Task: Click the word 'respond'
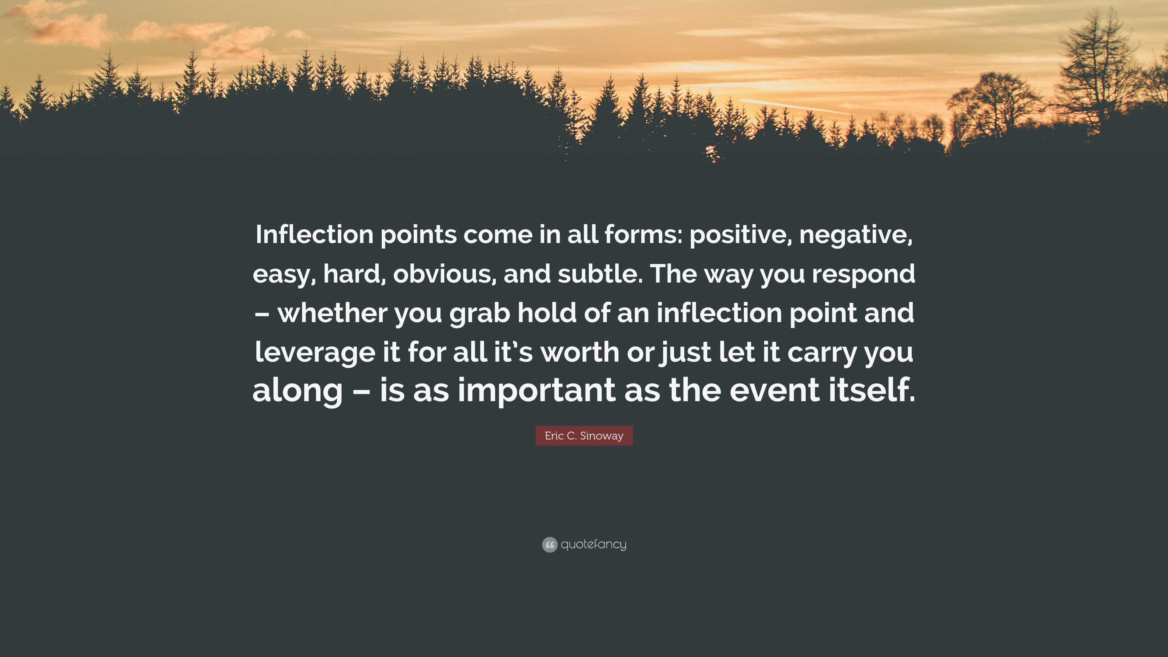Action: point(863,275)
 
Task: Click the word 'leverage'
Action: point(315,352)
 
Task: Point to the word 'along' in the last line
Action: point(297,391)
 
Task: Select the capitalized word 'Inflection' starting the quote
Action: point(314,235)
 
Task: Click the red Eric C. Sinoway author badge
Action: point(584,436)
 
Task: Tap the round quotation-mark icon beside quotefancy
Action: point(550,544)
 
